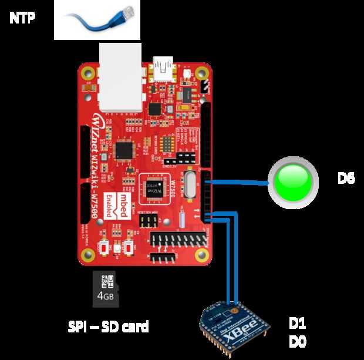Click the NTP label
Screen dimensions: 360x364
click(22, 18)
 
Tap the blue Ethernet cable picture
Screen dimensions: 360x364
click(97, 19)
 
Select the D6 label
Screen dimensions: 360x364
click(346, 179)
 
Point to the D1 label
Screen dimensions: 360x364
click(298, 324)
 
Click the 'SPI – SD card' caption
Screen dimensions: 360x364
click(109, 325)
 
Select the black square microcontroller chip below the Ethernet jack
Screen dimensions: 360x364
click(126, 151)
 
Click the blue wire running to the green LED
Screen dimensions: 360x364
click(241, 183)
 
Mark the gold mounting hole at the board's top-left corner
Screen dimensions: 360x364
click(89, 73)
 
